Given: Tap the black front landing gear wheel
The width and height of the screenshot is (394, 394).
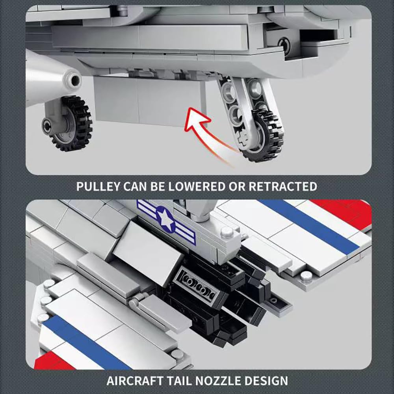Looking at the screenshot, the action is (x=68, y=124).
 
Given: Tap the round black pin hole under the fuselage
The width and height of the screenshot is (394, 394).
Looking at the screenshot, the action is (x=284, y=45).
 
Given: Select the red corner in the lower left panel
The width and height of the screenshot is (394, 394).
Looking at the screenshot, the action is (x=53, y=361).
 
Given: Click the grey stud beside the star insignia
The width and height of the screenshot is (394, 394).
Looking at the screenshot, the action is (x=227, y=232).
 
